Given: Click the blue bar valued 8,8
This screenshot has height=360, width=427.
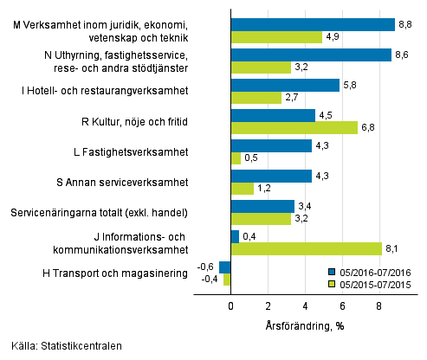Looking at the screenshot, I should pos(313,24).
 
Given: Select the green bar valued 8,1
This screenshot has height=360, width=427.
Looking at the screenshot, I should pos(307,249).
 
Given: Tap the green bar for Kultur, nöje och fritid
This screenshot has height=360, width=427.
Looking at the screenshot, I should pos(294,127).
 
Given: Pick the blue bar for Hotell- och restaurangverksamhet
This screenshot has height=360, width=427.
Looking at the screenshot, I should pos(285,85).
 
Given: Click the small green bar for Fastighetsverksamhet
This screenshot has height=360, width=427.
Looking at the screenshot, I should pos(236,158).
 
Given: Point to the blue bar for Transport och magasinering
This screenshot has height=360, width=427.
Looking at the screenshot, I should pos(225,267).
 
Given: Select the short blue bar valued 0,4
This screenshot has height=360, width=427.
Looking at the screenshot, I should pos(235,236).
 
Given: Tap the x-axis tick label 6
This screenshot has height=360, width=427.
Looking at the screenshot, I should pos(342,305).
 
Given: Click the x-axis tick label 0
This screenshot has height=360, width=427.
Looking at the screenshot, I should pos(231,305).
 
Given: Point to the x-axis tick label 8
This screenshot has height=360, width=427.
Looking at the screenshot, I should pos(379,305).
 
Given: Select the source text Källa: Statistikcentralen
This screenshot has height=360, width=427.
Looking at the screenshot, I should pos(61,346).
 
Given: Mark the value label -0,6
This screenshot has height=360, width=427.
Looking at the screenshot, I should pos(206,266).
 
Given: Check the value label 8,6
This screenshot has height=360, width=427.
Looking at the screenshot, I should pos(402,54).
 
